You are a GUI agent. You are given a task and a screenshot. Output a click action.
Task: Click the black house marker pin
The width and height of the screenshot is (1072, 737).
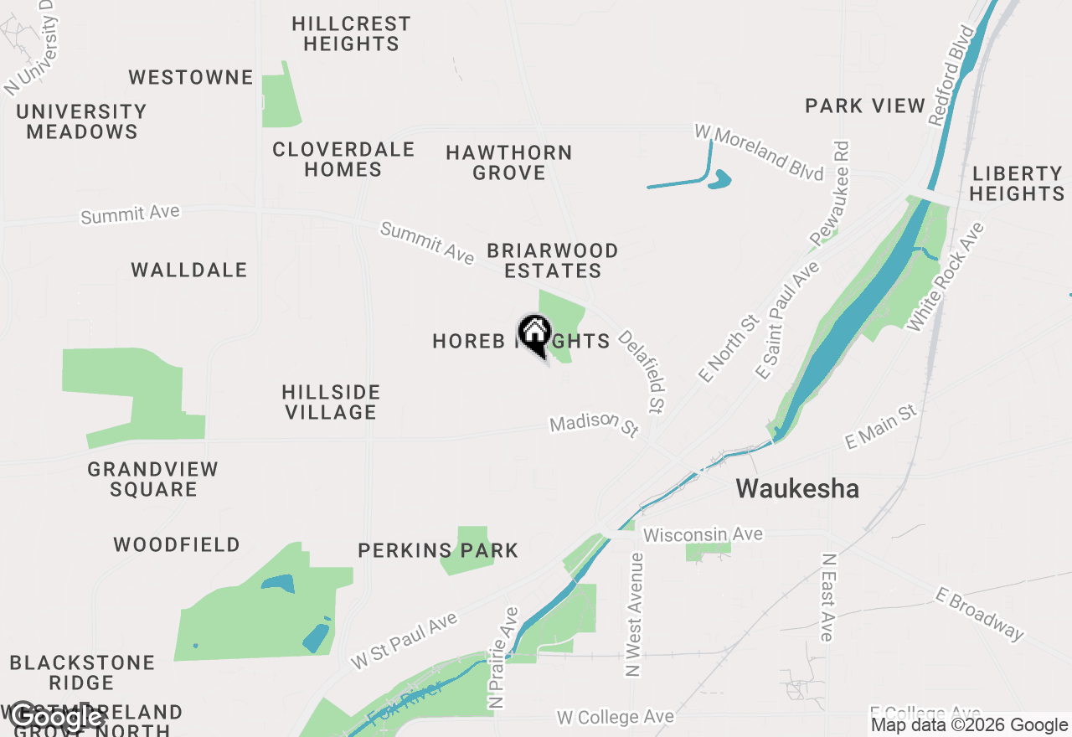(534, 333)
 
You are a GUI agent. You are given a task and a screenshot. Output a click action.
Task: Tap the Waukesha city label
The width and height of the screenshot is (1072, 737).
(797, 489)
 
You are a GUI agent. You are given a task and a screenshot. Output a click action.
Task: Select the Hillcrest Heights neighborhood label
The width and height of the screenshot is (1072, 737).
(351, 33)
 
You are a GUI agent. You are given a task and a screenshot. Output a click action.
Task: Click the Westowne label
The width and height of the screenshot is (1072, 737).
(191, 78)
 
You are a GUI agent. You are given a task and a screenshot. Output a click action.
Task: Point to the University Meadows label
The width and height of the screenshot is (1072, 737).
(81, 121)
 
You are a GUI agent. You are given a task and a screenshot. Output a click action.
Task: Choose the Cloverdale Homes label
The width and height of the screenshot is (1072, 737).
(343, 159)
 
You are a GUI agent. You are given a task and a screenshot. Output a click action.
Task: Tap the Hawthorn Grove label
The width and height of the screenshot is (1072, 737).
(509, 162)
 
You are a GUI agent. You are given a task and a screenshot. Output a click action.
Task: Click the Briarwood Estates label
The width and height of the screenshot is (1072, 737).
(553, 260)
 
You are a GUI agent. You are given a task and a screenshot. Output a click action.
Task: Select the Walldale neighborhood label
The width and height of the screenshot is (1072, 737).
(189, 270)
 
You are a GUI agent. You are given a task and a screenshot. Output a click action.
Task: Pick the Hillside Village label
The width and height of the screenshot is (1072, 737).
(331, 402)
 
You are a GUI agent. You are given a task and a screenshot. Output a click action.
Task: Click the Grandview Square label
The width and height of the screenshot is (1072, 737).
(152, 479)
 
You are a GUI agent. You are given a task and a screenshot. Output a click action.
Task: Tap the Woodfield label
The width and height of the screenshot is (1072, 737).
(177, 545)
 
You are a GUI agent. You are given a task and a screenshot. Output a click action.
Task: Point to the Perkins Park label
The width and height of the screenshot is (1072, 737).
(438, 551)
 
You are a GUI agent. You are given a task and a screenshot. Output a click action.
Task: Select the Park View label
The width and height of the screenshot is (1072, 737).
(865, 106)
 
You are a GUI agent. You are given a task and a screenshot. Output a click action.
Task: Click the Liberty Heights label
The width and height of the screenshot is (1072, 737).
(1018, 183)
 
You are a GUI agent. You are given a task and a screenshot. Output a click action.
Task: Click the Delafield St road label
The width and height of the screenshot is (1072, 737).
(642, 371)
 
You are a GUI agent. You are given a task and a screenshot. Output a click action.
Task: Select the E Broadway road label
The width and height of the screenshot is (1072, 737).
(979, 615)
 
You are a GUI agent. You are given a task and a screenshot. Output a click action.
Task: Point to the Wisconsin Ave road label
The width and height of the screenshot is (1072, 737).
(703, 534)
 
